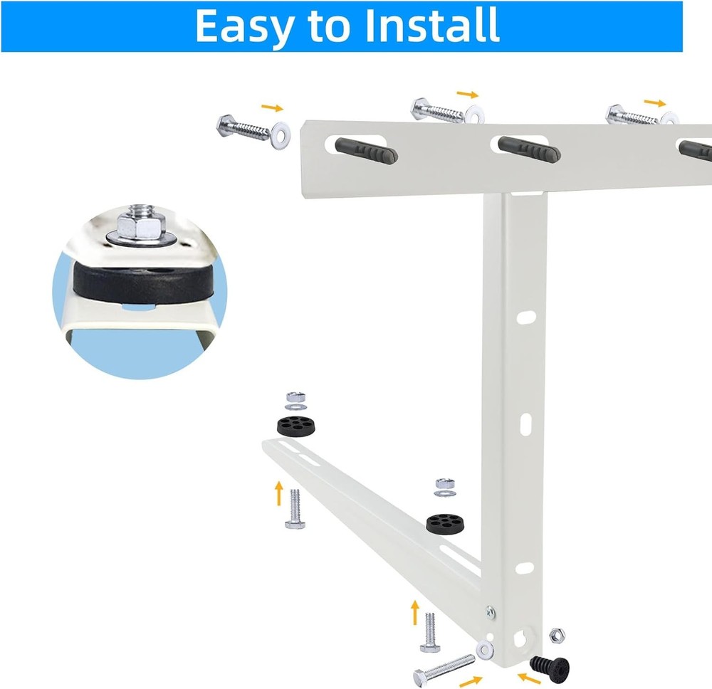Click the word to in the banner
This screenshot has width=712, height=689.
pos(329,27)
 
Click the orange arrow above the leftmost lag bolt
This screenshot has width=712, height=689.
pos(272,107)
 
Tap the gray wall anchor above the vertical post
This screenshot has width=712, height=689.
pos(528,149)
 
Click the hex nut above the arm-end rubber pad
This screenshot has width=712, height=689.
pos(293,396)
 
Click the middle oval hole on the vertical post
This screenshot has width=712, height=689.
pos(525,425)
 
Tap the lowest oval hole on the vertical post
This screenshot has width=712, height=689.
pos(525,568)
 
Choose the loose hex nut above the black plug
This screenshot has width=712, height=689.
pos(557,634)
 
